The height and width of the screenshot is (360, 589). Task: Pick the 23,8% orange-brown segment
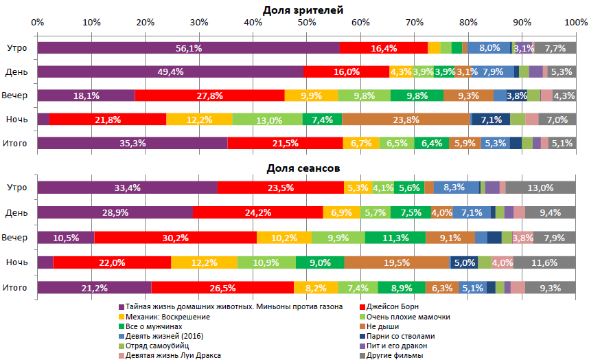pyautogui.click(x=406, y=120)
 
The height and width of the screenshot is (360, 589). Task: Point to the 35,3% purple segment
pyautogui.click(x=132, y=144)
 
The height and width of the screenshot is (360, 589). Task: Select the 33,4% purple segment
pyautogui.click(x=128, y=188)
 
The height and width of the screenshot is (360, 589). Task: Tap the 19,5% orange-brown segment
pyautogui.click(x=397, y=262)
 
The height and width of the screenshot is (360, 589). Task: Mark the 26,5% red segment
pyautogui.click(x=222, y=287)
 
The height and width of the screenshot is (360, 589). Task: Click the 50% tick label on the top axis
pyautogui.click(x=307, y=22)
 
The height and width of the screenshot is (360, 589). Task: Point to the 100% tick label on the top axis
pyautogui.click(x=575, y=22)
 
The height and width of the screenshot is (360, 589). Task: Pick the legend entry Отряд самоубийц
pyautogui.click(x=157, y=346)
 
